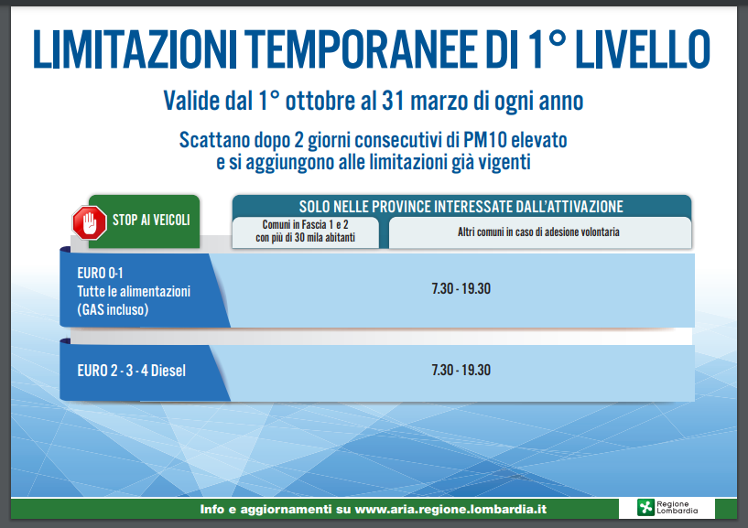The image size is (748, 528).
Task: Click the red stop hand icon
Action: click(x=89, y=222)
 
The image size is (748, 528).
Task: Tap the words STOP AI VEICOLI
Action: click(x=151, y=220)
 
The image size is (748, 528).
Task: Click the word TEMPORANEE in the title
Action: click(x=363, y=49)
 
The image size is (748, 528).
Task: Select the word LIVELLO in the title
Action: click(x=643, y=49)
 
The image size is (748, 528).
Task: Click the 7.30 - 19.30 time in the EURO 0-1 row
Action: click(x=461, y=289)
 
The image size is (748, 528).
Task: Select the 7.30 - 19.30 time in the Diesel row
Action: click(x=461, y=370)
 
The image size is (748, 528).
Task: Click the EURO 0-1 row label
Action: click(x=100, y=274)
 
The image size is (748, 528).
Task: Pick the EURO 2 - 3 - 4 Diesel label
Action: click(x=131, y=371)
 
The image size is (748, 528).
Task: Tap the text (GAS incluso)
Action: click(x=113, y=310)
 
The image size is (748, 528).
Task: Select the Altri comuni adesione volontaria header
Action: click(x=538, y=232)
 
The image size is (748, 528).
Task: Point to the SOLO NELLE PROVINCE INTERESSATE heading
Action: click(x=461, y=207)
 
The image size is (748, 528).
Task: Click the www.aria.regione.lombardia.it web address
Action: click(x=450, y=509)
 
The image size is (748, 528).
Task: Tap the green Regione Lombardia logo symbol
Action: click(x=645, y=508)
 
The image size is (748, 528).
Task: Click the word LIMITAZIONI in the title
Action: click(x=135, y=49)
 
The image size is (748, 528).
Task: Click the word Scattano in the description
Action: click(x=214, y=140)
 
